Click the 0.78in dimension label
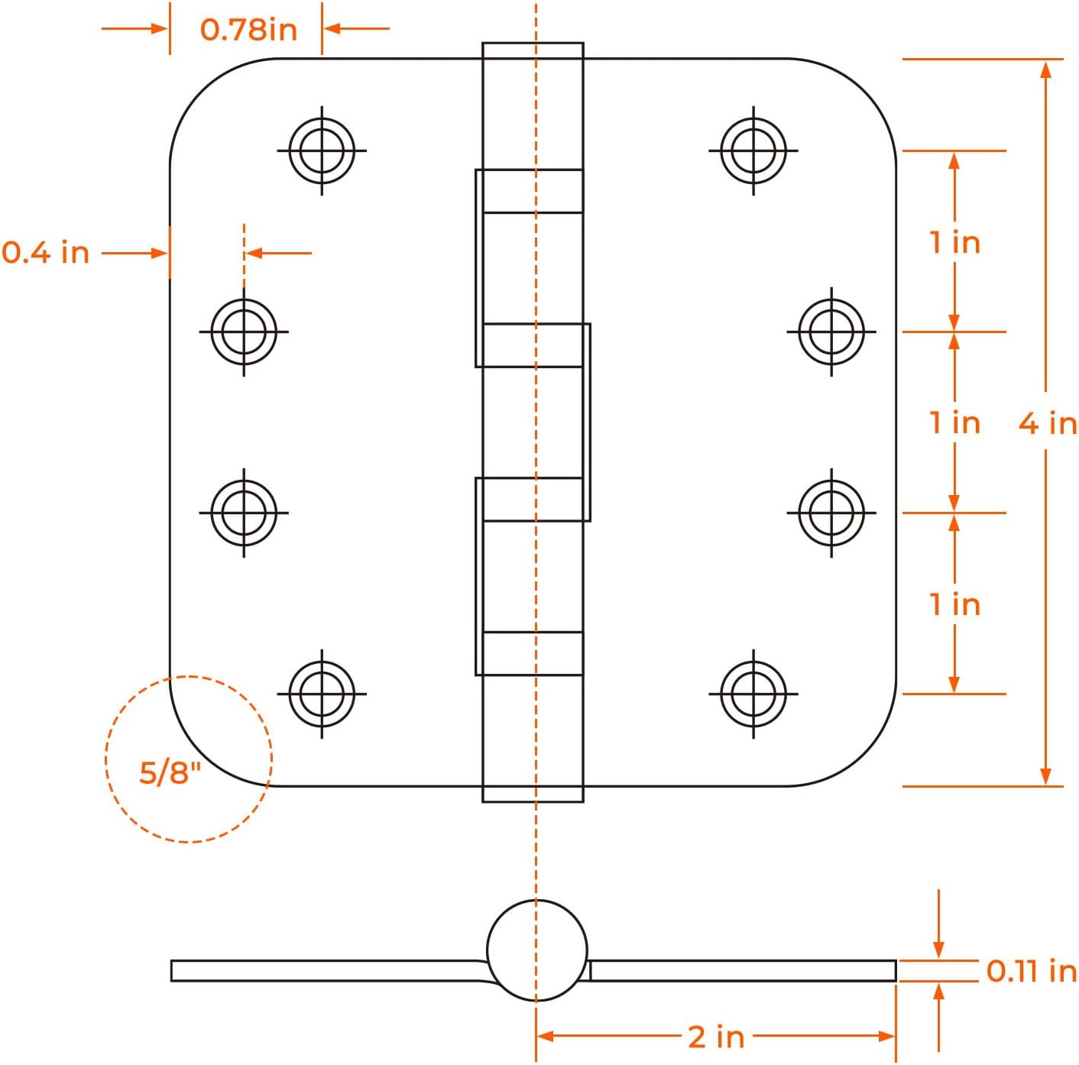click(x=248, y=30)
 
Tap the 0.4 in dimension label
click(x=46, y=252)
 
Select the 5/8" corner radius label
click(x=170, y=772)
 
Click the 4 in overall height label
click(x=1048, y=422)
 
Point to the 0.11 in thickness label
click(x=1031, y=971)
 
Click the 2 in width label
click(x=715, y=1037)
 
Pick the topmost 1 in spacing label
click(x=954, y=242)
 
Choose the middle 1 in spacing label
click(x=954, y=422)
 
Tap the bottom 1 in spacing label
click(x=954, y=604)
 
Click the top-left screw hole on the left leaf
click(x=322, y=151)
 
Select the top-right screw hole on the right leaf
click(x=753, y=151)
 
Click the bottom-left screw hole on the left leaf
click(x=322, y=694)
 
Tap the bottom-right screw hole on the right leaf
click(x=753, y=694)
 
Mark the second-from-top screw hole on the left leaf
click(x=244, y=332)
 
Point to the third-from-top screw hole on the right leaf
click(x=831, y=513)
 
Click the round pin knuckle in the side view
click(x=536, y=950)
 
